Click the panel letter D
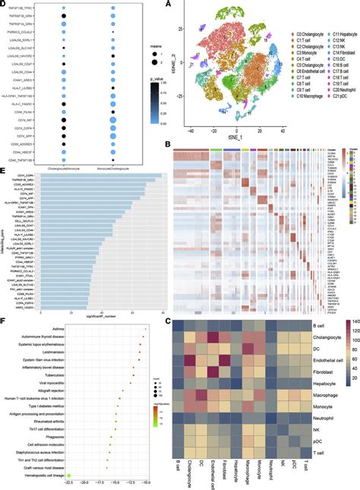pos(5,5)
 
